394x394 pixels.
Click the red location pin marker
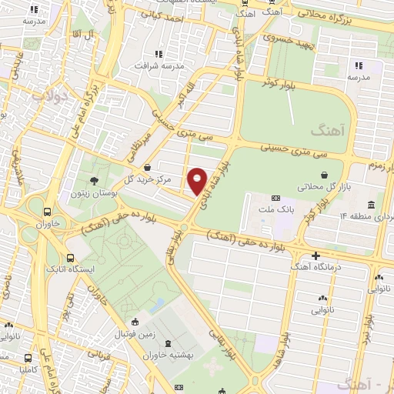point(198,181)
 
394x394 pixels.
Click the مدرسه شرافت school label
point(182,66)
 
